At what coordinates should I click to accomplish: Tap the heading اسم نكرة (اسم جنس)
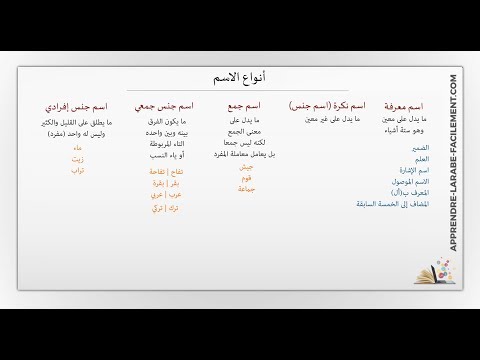point(327,105)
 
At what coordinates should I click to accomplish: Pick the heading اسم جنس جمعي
point(164,105)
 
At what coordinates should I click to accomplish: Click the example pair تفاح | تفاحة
point(164,172)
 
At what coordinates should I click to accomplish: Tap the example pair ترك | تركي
point(164,208)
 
